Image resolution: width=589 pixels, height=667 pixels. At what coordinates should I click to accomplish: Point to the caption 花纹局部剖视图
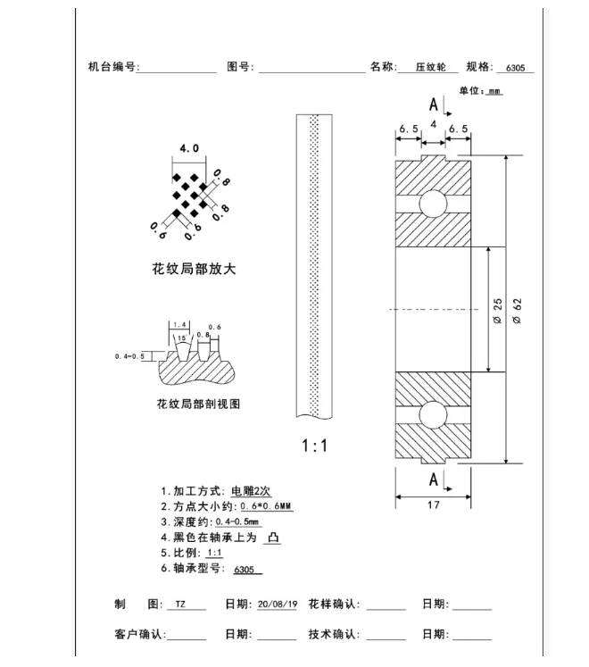point(198,404)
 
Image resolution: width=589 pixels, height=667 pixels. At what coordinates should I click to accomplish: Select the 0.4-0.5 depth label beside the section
point(130,356)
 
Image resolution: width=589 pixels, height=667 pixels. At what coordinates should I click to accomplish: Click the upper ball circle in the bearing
point(433,202)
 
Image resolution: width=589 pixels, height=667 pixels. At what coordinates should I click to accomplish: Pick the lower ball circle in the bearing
point(433,416)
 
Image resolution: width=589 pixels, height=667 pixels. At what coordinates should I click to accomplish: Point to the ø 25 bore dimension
point(498,310)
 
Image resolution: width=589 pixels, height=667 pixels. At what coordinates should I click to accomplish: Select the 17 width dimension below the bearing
point(433,504)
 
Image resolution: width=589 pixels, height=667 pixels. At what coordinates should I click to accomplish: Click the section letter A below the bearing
point(434,479)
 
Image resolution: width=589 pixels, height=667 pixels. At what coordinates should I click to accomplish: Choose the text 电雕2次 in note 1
point(253,491)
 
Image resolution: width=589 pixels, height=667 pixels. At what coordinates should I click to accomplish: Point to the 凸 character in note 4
point(274,538)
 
